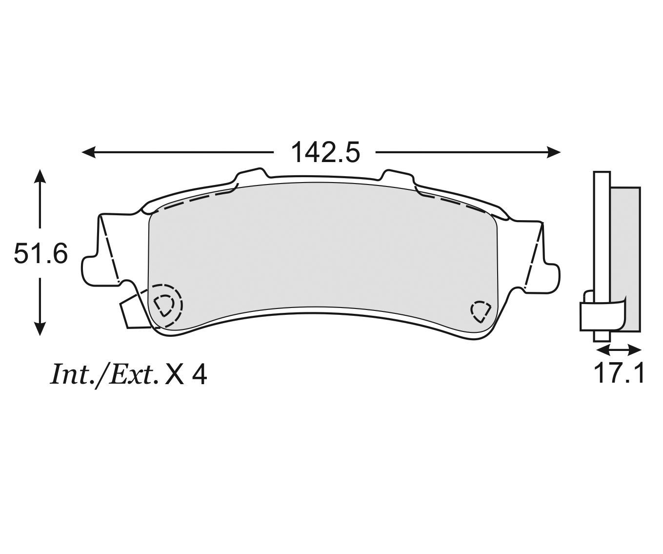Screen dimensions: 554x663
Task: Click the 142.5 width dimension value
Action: tap(325, 153)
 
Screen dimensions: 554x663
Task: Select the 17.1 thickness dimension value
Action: tap(619, 373)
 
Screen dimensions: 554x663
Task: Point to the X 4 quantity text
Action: tap(186, 375)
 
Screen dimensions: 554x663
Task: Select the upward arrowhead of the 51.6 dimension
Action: tap(40, 176)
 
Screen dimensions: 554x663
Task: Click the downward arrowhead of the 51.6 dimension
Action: tap(40, 329)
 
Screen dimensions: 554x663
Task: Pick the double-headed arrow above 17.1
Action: tap(619, 349)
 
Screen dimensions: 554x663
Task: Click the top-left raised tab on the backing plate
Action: tap(251, 176)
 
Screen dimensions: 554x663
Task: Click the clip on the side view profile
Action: tap(595, 316)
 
